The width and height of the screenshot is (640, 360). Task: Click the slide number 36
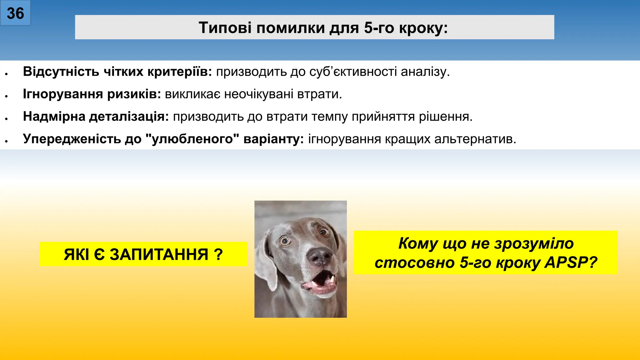click(x=15, y=13)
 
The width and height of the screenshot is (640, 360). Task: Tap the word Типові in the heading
click(x=225, y=28)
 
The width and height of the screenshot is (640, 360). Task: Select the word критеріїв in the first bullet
click(x=180, y=72)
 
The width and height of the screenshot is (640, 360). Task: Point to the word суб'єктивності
click(x=353, y=72)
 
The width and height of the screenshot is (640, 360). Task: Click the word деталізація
click(x=129, y=117)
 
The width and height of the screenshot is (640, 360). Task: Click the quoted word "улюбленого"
click(x=192, y=139)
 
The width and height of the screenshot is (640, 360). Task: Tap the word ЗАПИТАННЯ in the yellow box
click(x=159, y=254)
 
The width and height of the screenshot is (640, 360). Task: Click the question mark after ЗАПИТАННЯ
click(x=219, y=254)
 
